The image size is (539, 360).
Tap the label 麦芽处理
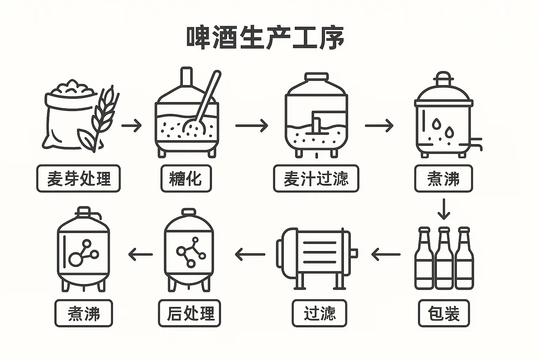click(79, 179)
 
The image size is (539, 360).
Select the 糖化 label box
click(186, 179)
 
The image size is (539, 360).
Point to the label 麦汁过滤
click(316, 179)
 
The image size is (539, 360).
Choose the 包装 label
click(444, 313)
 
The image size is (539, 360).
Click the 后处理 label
click(189, 313)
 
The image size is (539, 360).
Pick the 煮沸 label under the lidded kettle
click(443, 179)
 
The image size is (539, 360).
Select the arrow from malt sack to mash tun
click(132, 126)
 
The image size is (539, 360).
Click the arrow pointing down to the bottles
click(444, 209)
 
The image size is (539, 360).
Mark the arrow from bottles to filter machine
click(385, 254)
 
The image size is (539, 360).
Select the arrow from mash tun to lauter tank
click(252, 126)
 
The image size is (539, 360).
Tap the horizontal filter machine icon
click(316, 254)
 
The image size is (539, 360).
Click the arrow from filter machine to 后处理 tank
click(250, 254)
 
